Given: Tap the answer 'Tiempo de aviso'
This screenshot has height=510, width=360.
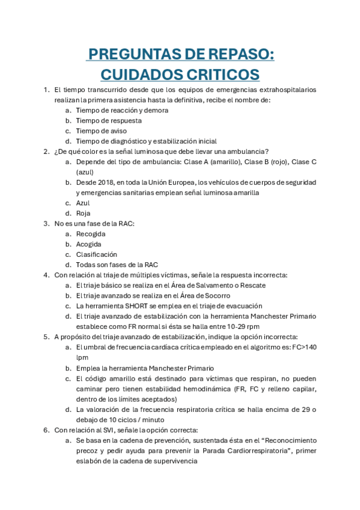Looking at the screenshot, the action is coord(101,131).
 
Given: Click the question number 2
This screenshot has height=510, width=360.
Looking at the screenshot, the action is coord(46,152).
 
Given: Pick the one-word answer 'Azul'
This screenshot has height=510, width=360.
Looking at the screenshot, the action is coord(83,203).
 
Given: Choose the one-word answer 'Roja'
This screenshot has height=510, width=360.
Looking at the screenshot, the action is coord(83,214).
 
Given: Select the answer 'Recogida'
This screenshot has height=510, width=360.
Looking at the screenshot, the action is coord(91,234).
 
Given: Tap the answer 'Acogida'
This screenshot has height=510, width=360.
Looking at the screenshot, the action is coord(88,244).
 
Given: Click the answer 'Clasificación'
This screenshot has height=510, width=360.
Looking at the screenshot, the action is coord(96,254).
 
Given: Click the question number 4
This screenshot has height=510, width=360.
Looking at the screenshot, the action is coord(46,275).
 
